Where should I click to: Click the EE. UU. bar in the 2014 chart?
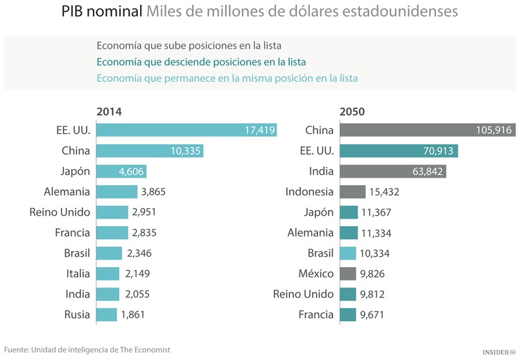[186, 130]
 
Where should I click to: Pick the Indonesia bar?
[353, 192]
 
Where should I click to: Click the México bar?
[348, 274]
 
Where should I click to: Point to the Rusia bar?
[107, 315]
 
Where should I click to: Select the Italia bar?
[108, 274]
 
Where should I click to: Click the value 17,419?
[260, 130]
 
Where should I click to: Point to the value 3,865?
[153, 192]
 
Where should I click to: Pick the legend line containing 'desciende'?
[201, 62]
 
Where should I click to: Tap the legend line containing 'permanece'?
[227, 78]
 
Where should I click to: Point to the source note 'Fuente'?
[87, 350]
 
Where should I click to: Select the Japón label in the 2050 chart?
[319, 212]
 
